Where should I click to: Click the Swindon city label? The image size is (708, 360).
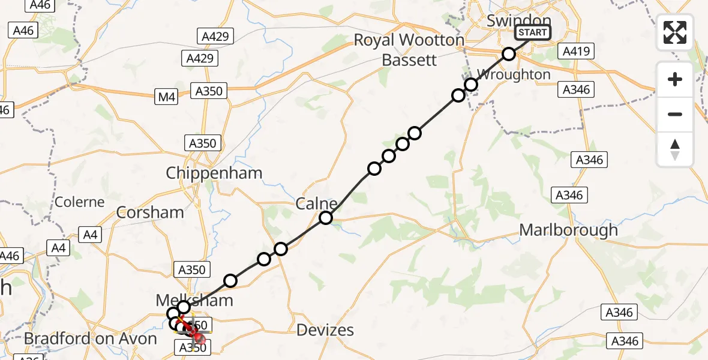[510, 20]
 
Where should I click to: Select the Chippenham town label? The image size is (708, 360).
[214, 173]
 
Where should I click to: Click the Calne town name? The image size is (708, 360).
[316, 204]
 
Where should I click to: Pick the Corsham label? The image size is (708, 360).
[151, 212]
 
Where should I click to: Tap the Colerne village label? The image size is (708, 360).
[79, 202]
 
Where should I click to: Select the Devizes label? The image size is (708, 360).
[326, 329]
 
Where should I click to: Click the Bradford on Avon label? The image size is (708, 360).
[90, 338]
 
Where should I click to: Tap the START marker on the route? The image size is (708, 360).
[532, 32]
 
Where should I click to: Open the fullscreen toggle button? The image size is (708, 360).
[675, 32]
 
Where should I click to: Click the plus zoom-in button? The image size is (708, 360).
[675, 79]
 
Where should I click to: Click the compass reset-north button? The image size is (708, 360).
[675, 149]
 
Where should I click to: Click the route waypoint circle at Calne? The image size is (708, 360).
[326, 218]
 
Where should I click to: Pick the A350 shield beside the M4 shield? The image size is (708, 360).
[209, 91]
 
